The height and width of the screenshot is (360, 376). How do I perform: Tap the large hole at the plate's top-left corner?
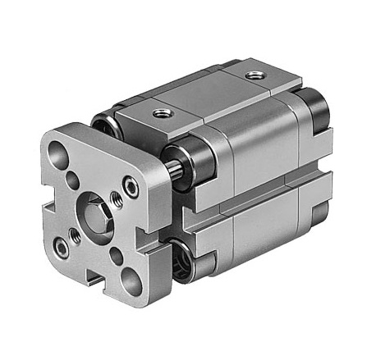click(x=59, y=153)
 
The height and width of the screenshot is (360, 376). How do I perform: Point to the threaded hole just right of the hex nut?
click(x=112, y=212)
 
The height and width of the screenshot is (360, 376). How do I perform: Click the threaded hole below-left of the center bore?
click(x=75, y=235)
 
